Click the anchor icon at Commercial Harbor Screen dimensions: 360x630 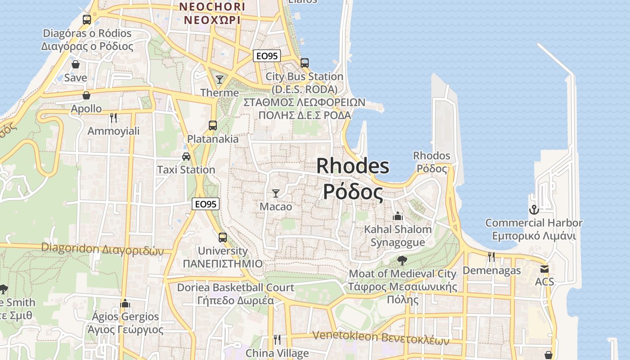(534, 210)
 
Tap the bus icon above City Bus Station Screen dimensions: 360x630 (305, 63)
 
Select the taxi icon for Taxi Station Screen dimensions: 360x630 (186, 157)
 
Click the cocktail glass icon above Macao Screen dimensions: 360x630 (276, 193)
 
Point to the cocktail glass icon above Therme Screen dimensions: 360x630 (220, 80)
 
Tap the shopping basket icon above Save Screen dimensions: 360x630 (76, 65)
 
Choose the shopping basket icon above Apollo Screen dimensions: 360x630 (86, 95)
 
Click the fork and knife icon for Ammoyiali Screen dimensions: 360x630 (113, 118)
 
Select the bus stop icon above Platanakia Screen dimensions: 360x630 (213, 126)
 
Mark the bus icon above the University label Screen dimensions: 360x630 (222, 237)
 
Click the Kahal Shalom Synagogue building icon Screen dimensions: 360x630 (397, 216)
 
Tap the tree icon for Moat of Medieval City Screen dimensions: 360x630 (402, 261)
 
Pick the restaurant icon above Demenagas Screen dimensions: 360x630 (491, 257)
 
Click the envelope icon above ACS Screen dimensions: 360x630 (544, 269)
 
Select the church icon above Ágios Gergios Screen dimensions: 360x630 (125, 303)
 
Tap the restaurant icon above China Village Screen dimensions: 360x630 (277, 339)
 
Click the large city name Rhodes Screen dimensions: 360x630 (353, 166)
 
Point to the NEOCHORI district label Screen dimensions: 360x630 (212, 7)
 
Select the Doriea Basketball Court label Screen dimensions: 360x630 (235, 287)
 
